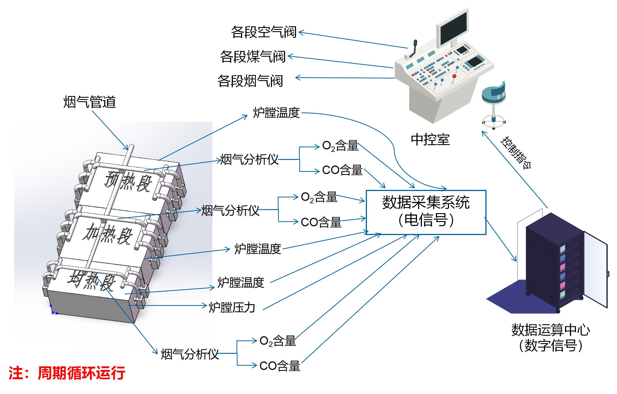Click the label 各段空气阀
pyautogui.click(x=264, y=32)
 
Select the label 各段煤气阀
pyautogui.click(x=253, y=57)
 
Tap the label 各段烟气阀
pyautogui.click(x=250, y=81)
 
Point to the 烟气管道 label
pyautogui.click(x=89, y=102)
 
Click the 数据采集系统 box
pyautogui.click(x=426, y=212)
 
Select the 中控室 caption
pyautogui.click(x=430, y=140)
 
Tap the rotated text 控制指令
pyautogui.click(x=516, y=152)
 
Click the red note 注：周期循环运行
pyautogui.click(x=67, y=373)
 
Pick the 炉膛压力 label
pyautogui.click(x=232, y=307)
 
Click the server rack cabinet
pyautogui.click(x=558, y=263)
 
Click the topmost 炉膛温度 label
pyautogui.click(x=276, y=113)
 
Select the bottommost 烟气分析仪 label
pyautogui.click(x=190, y=354)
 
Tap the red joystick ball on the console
pyautogui.click(x=454, y=76)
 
